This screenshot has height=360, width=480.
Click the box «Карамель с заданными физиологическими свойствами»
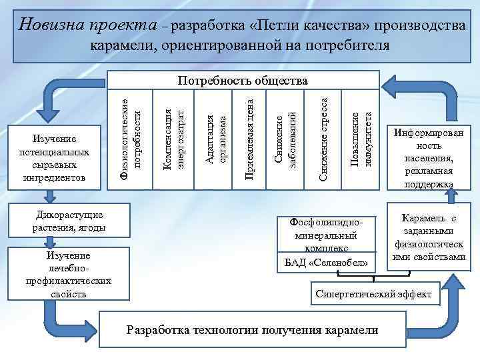(429, 238)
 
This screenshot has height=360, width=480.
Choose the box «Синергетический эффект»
(373, 294)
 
